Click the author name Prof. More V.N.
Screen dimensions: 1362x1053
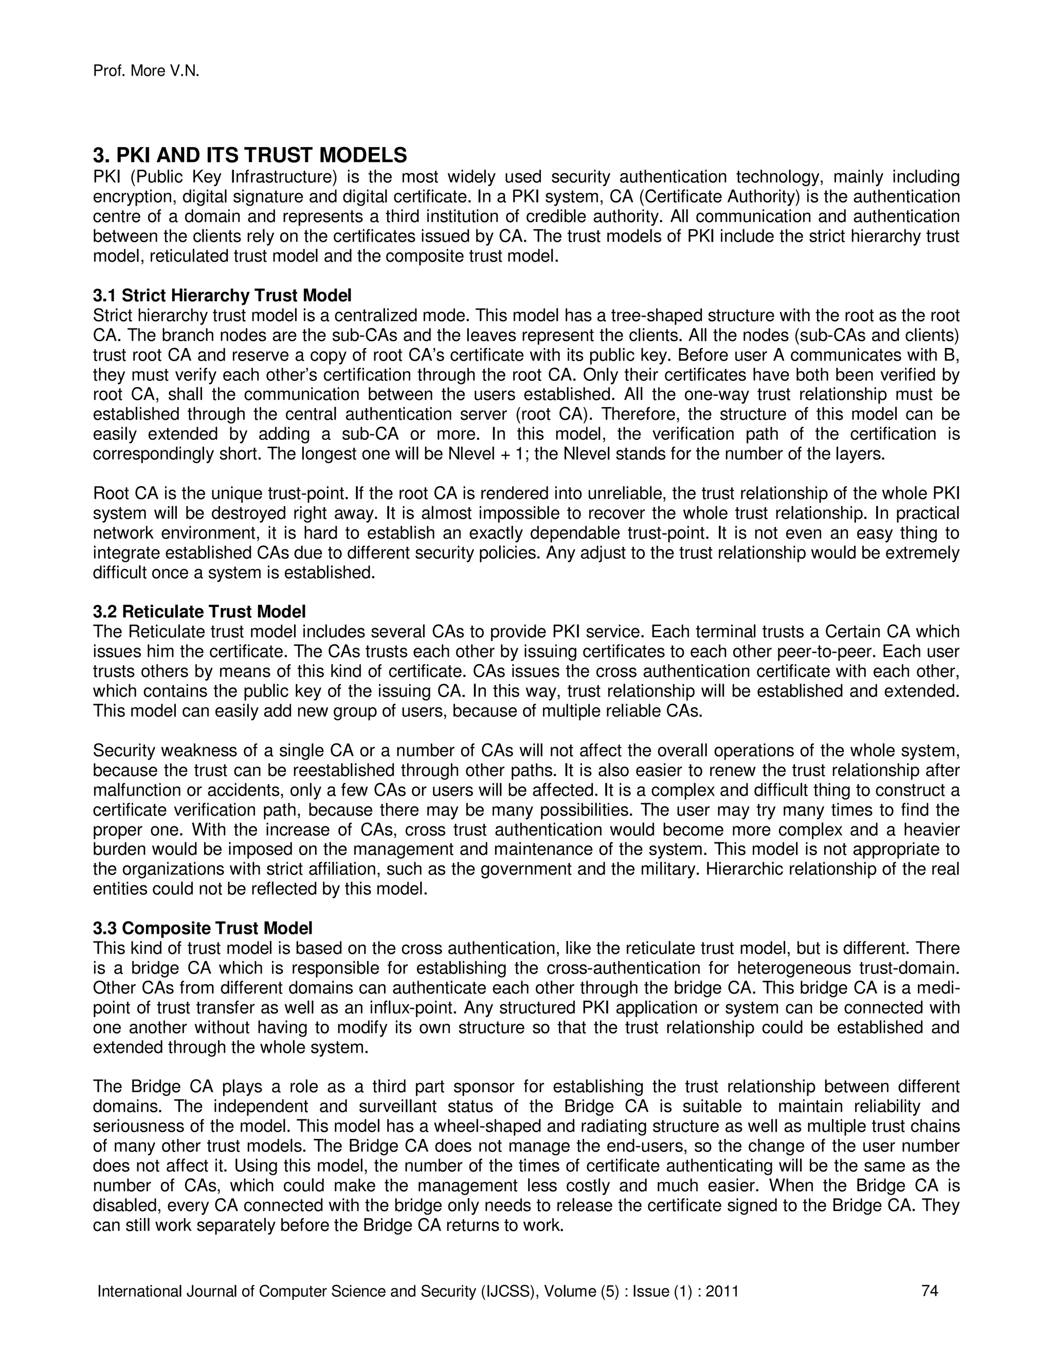point(146,72)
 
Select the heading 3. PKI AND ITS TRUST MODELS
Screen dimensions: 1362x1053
point(249,155)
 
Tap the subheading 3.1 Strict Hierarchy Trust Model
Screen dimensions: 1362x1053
point(222,295)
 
